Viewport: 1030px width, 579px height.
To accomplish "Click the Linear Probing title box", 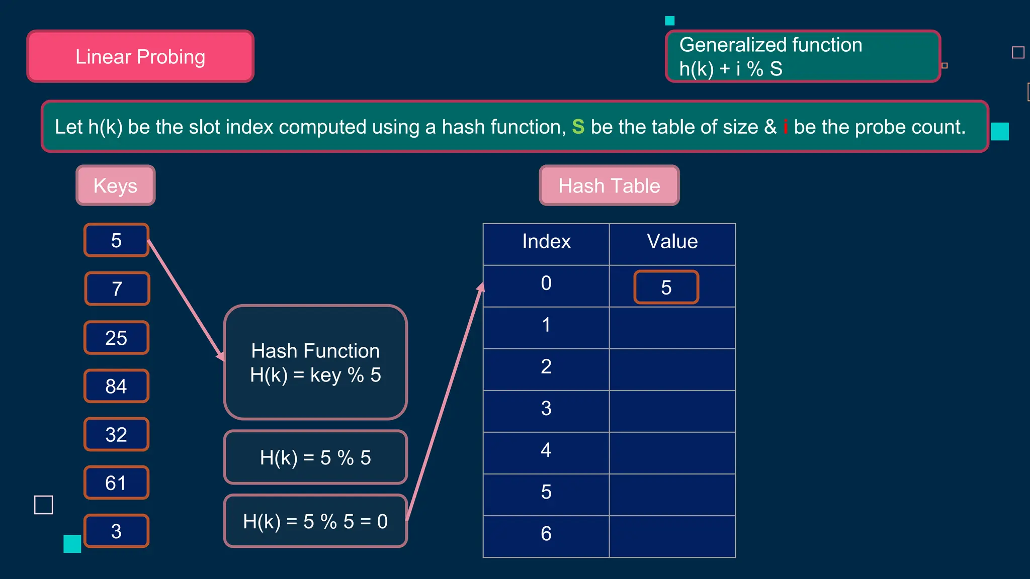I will coord(140,56).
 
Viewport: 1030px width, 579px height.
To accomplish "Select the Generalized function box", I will coord(803,56).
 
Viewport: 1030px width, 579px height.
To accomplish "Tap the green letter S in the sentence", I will coord(578,127).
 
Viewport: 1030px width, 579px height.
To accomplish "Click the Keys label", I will coord(116,185).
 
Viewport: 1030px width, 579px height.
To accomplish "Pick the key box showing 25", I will coord(116,338).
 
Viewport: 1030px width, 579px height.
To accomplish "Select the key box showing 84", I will coord(116,386).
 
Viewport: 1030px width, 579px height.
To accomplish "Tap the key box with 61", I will coord(116,483).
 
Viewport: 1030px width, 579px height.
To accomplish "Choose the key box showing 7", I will coord(117,288).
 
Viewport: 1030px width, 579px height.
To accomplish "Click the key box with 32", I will coord(116,434).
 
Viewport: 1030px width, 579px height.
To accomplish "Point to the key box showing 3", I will coord(116,531).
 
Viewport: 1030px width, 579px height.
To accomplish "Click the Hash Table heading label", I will coord(609,185).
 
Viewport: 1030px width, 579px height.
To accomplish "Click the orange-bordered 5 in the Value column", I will coord(666,287).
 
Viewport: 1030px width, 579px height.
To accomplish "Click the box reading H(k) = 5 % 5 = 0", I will coord(315,521).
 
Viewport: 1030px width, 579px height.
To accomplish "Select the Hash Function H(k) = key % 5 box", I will coord(315,362).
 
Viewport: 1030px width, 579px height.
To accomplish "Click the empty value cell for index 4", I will coord(672,452).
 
